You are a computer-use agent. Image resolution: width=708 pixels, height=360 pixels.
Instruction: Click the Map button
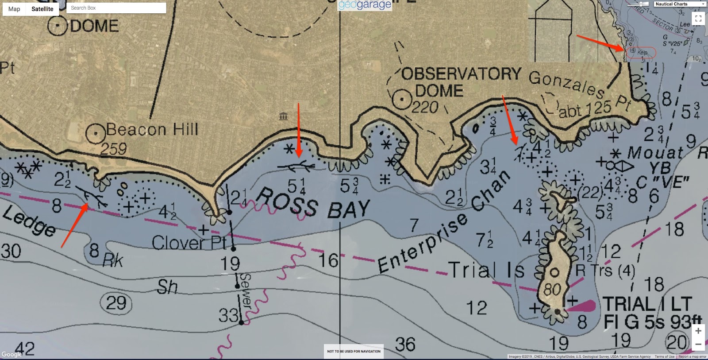point(14,9)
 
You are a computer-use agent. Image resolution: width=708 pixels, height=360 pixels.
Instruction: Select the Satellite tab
point(42,9)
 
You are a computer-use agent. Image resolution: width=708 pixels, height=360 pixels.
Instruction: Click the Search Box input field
point(116,8)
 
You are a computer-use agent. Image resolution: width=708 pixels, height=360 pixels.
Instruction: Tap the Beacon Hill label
point(152,130)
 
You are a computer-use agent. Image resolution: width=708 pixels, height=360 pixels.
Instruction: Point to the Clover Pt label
point(189,243)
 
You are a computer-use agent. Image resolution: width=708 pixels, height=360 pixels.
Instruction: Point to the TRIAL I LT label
point(646,304)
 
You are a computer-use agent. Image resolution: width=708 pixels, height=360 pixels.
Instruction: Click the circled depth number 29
point(116,303)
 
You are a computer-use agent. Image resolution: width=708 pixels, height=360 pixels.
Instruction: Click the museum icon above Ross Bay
point(283,116)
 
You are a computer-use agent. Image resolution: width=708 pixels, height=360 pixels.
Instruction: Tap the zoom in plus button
point(698,331)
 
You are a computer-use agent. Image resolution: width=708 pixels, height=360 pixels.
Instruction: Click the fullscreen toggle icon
point(698,19)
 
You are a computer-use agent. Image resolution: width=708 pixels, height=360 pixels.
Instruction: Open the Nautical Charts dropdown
point(680,4)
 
